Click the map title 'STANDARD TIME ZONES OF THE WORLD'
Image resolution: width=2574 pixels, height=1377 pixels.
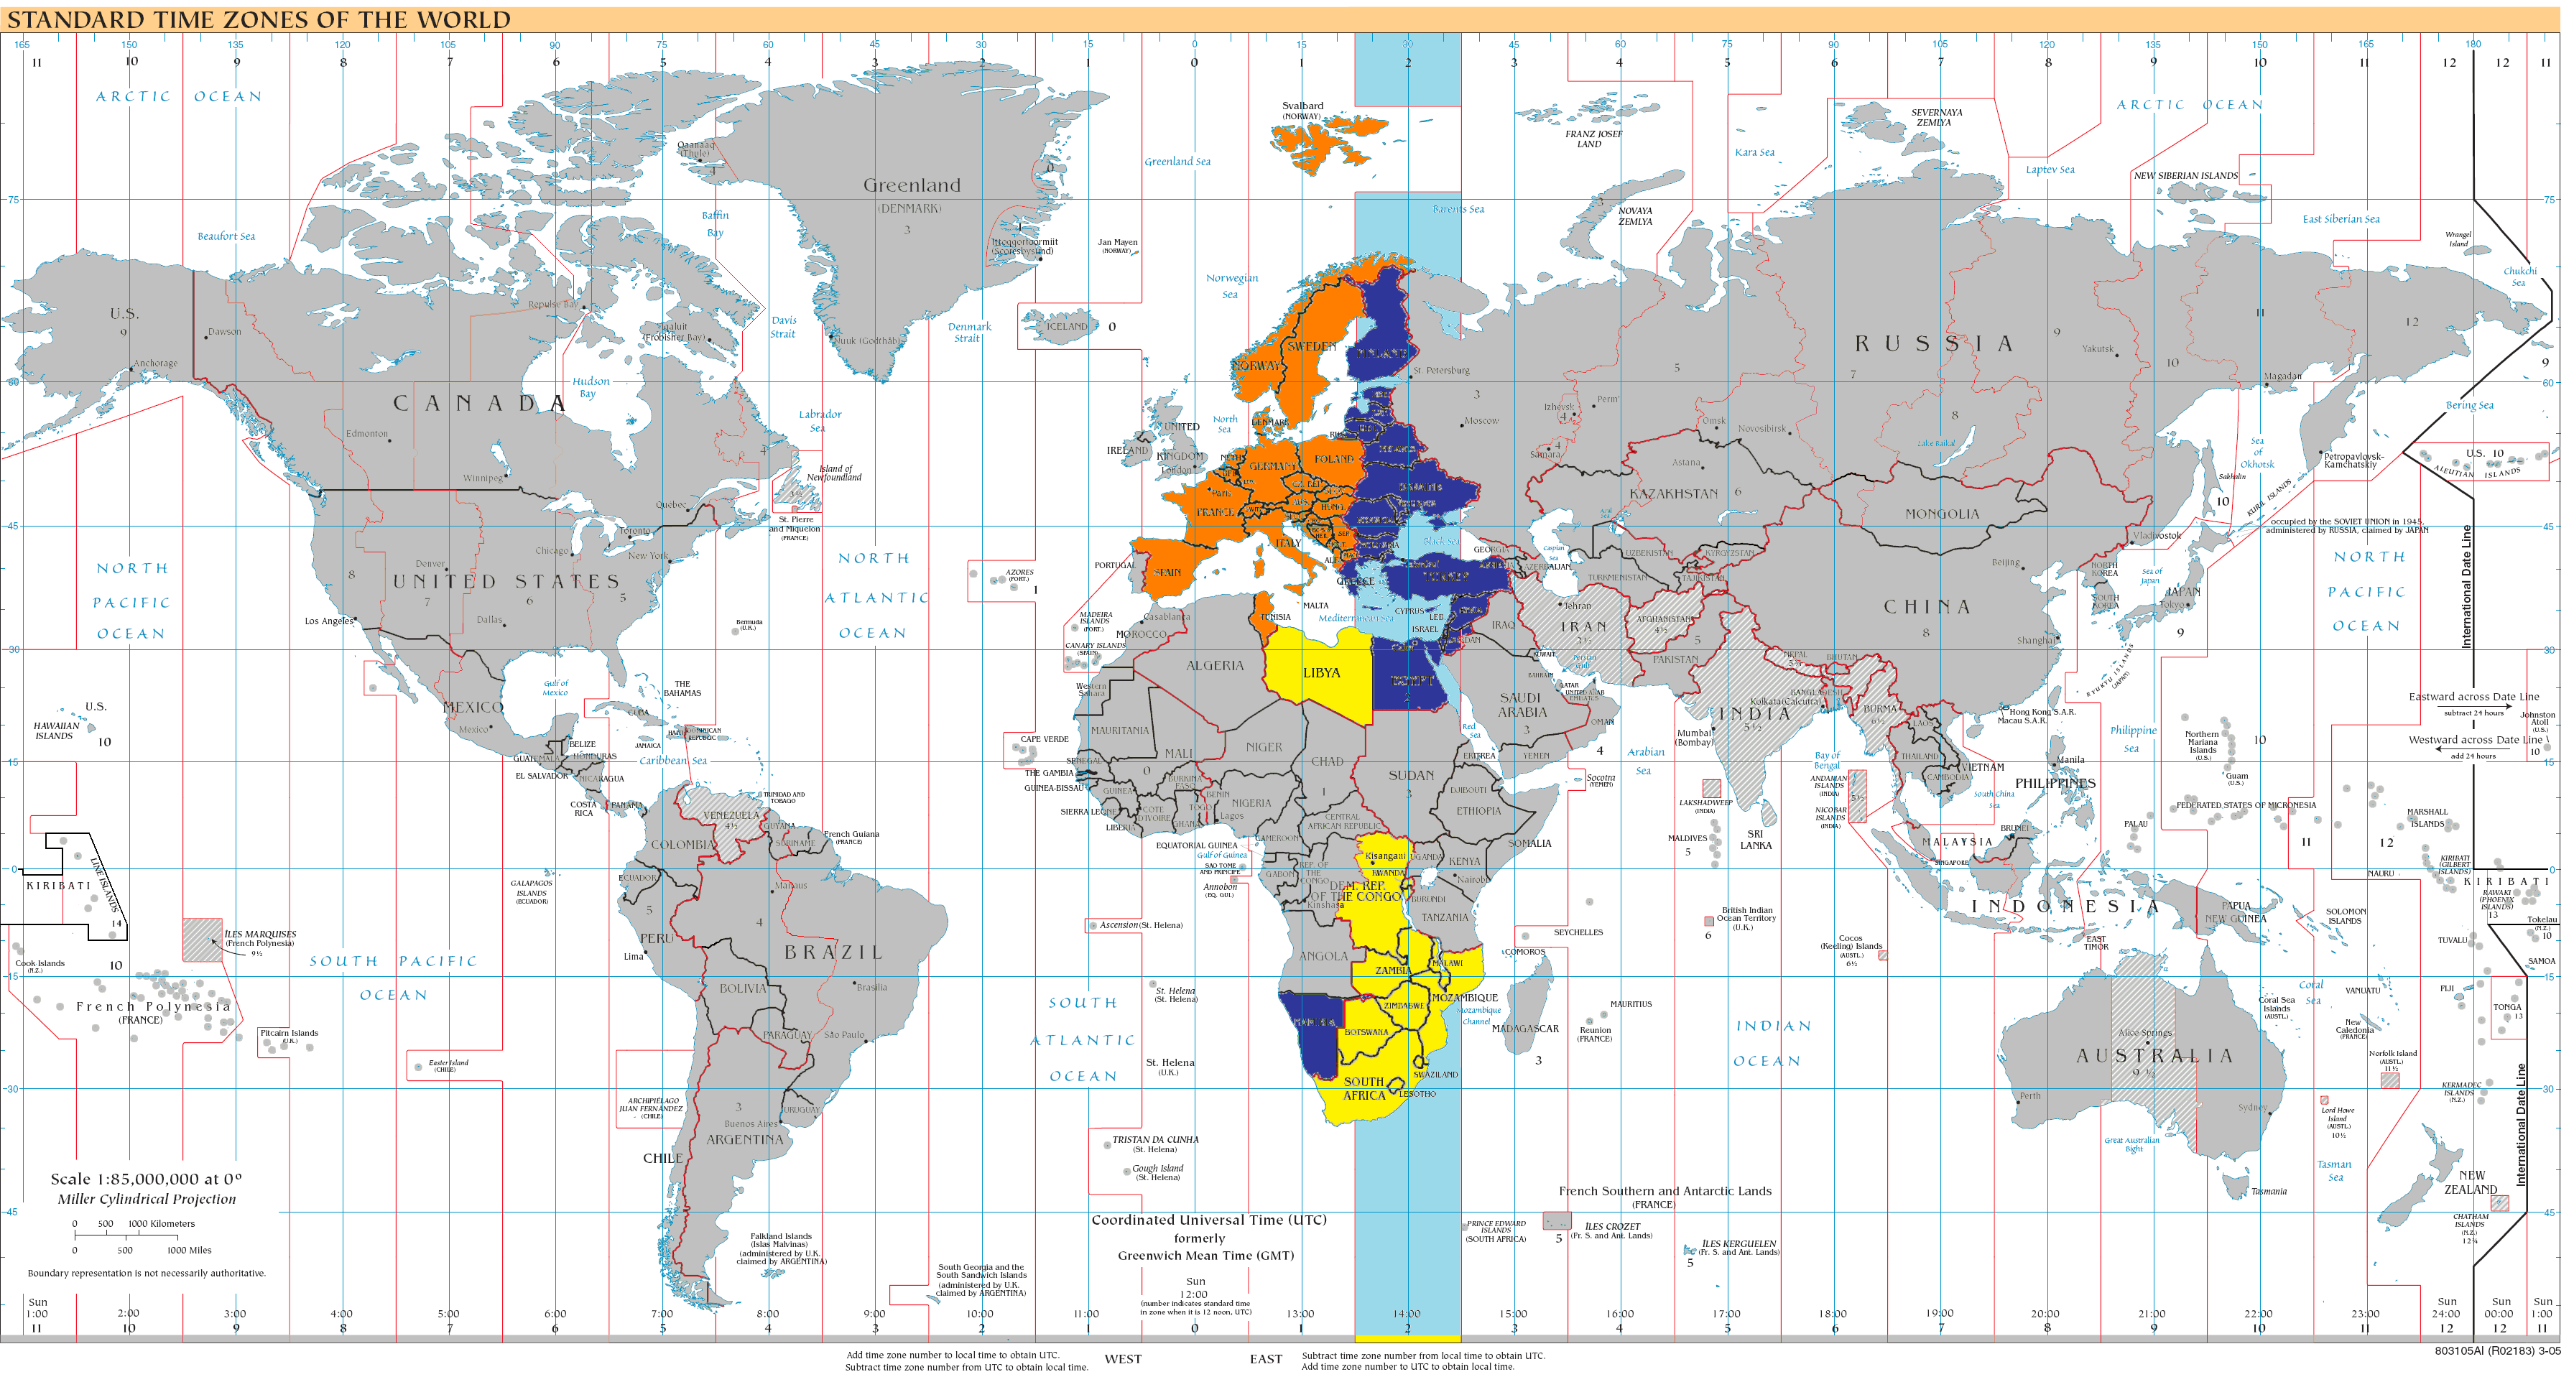click(259, 19)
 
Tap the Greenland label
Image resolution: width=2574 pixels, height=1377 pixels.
click(912, 185)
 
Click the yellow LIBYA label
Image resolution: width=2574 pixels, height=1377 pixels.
click(1321, 672)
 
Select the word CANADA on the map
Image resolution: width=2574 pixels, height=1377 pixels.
click(480, 404)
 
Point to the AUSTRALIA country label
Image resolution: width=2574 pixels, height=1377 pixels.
click(2153, 1055)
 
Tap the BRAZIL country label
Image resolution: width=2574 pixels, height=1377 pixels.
click(833, 952)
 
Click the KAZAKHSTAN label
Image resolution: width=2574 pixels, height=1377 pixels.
click(1674, 493)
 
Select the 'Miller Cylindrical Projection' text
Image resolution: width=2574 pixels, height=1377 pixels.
click(147, 1199)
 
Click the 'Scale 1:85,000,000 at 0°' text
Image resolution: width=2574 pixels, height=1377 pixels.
click(146, 1179)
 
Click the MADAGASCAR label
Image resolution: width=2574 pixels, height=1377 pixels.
click(1525, 1028)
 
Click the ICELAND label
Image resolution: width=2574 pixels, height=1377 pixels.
click(1066, 327)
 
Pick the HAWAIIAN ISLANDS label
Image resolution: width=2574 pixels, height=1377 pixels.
click(56, 731)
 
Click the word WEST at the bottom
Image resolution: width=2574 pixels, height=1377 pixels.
click(1122, 1359)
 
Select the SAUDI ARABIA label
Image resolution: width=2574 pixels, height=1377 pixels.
click(1521, 705)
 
